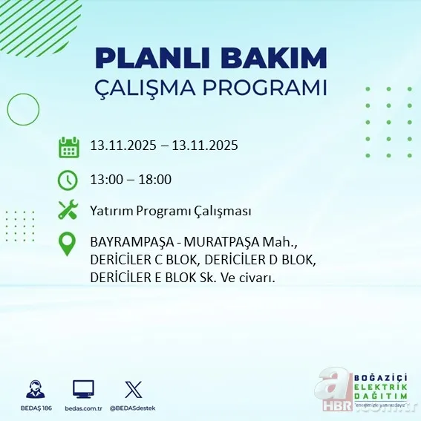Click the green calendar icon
tap(68, 146)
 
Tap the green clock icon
tap(68, 180)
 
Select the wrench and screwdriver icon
tap(68, 211)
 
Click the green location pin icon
tap(68, 244)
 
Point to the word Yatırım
tap(111, 211)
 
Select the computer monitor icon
tap(83, 389)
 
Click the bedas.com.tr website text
tap(83, 408)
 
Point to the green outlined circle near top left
tap(23, 111)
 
